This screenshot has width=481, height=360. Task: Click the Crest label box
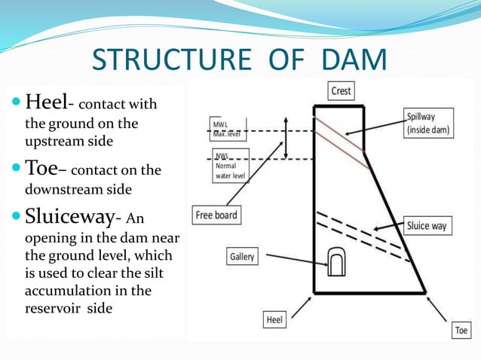tap(341, 91)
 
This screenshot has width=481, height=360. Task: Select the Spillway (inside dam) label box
tap(430, 124)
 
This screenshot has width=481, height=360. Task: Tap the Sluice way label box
tap(427, 225)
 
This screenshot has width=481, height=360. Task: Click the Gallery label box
tap(242, 257)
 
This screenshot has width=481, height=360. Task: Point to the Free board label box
tap(216, 215)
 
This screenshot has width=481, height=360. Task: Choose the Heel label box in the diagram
tap(275, 320)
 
